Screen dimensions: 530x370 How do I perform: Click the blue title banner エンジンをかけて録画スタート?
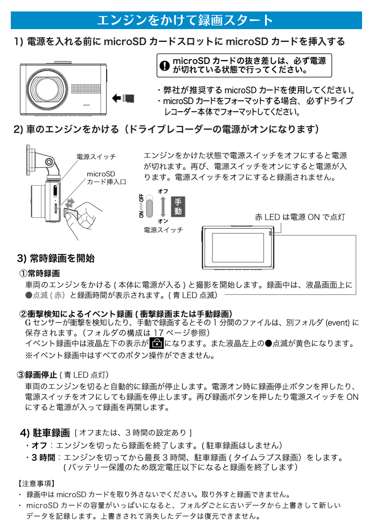pos(185,20)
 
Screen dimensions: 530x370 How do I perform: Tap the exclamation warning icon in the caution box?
pos(164,66)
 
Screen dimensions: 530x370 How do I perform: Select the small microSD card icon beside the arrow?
pos(129,98)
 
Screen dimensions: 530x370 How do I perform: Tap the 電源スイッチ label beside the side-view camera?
pos(96,157)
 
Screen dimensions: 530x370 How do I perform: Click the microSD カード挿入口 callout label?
pos(106,178)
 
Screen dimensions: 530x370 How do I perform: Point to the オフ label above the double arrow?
pos(163,191)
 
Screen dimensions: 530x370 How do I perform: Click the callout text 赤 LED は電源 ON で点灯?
pos(300,217)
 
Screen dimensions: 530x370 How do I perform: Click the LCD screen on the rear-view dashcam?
pos(238,248)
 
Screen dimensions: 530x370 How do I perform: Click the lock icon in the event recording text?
pos(156,343)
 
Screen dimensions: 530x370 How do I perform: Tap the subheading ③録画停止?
pos(38,375)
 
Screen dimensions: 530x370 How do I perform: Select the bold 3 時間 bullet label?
pos(43,457)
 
